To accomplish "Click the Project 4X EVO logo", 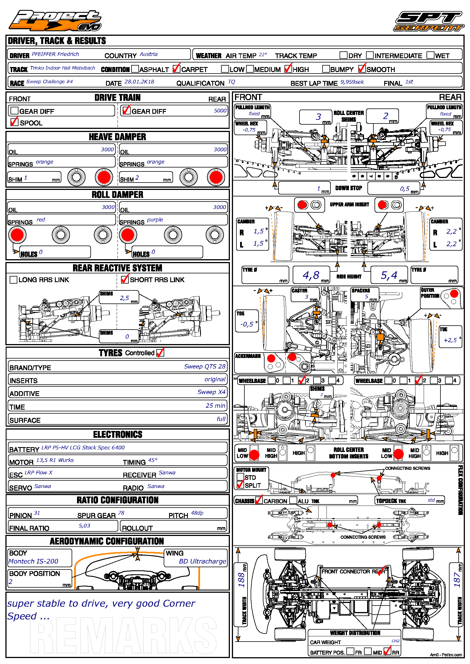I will pyautogui.click(x=55, y=20).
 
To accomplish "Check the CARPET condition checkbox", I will pyautogui.click(x=176, y=69).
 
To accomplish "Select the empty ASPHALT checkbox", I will pyautogui.click(x=135, y=69).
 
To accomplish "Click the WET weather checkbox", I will pyautogui.click(x=430, y=55).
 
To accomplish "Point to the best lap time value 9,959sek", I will pyautogui.click(x=352, y=82).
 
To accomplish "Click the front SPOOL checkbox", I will pyautogui.click(x=14, y=122).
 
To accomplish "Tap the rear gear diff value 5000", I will pyautogui.click(x=220, y=111).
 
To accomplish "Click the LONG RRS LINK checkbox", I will pyautogui.click(x=13, y=280).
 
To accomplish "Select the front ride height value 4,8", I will pyautogui.click(x=311, y=275).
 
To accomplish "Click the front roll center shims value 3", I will pyautogui.click(x=318, y=117).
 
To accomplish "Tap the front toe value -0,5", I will pyautogui.click(x=247, y=324).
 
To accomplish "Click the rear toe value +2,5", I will pyautogui.click(x=450, y=340).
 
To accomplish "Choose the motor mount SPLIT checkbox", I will pyautogui.click(x=240, y=485).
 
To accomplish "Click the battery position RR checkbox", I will pyautogui.click(x=387, y=651).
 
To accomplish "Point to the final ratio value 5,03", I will pyautogui.click(x=84, y=525).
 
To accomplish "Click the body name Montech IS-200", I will pyautogui.click(x=34, y=561).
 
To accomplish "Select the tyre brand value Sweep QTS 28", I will pyautogui.click(x=205, y=366).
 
